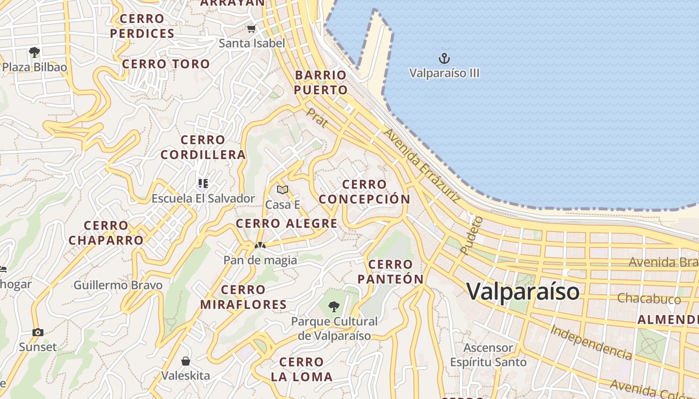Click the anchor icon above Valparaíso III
point(444,59)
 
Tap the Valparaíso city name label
point(523,291)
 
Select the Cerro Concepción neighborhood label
point(364,192)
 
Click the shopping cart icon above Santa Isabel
point(252,29)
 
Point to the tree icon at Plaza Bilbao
point(34,52)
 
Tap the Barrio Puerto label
point(321,83)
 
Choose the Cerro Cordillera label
point(203,147)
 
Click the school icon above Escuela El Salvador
point(203,184)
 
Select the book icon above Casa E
point(283,190)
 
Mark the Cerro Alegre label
point(287,223)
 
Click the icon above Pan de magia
point(260,245)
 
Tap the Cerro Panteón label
point(391,272)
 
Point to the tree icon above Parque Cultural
point(334,306)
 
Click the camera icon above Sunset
point(38,332)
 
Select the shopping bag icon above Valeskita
point(186,361)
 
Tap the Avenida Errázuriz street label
point(421,165)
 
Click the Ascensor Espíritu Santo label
point(488,355)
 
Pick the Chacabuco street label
point(649,299)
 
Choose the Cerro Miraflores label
point(244,297)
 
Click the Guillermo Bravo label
point(118,285)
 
